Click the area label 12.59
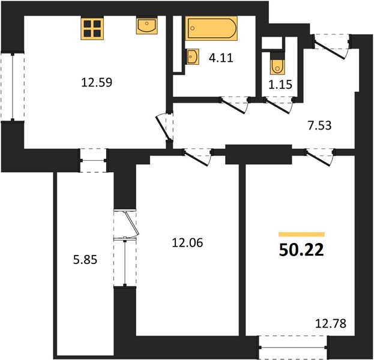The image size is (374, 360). (x=97, y=82)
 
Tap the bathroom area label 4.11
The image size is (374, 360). (x=221, y=58)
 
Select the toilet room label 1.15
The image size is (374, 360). (x=280, y=85)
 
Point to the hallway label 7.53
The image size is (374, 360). (x=319, y=125)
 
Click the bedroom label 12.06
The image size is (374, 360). (x=187, y=243)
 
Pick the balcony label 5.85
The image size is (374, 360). (x=85, y=260)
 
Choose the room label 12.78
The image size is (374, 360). (x=331, y=324)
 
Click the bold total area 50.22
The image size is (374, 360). (x=301, y=250)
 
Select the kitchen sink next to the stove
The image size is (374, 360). (x=146, y=25)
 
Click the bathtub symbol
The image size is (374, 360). (x=211, y=28)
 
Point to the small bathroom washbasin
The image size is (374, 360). (x=192, y=56)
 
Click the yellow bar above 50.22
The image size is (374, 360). (x=301, y=235)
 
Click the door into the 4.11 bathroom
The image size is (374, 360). (x=235, y=105)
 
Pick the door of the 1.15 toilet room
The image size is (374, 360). (x=279, y=105)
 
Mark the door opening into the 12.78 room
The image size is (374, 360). (x=319, y=157)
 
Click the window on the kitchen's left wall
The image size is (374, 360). (x=13, y=87)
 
